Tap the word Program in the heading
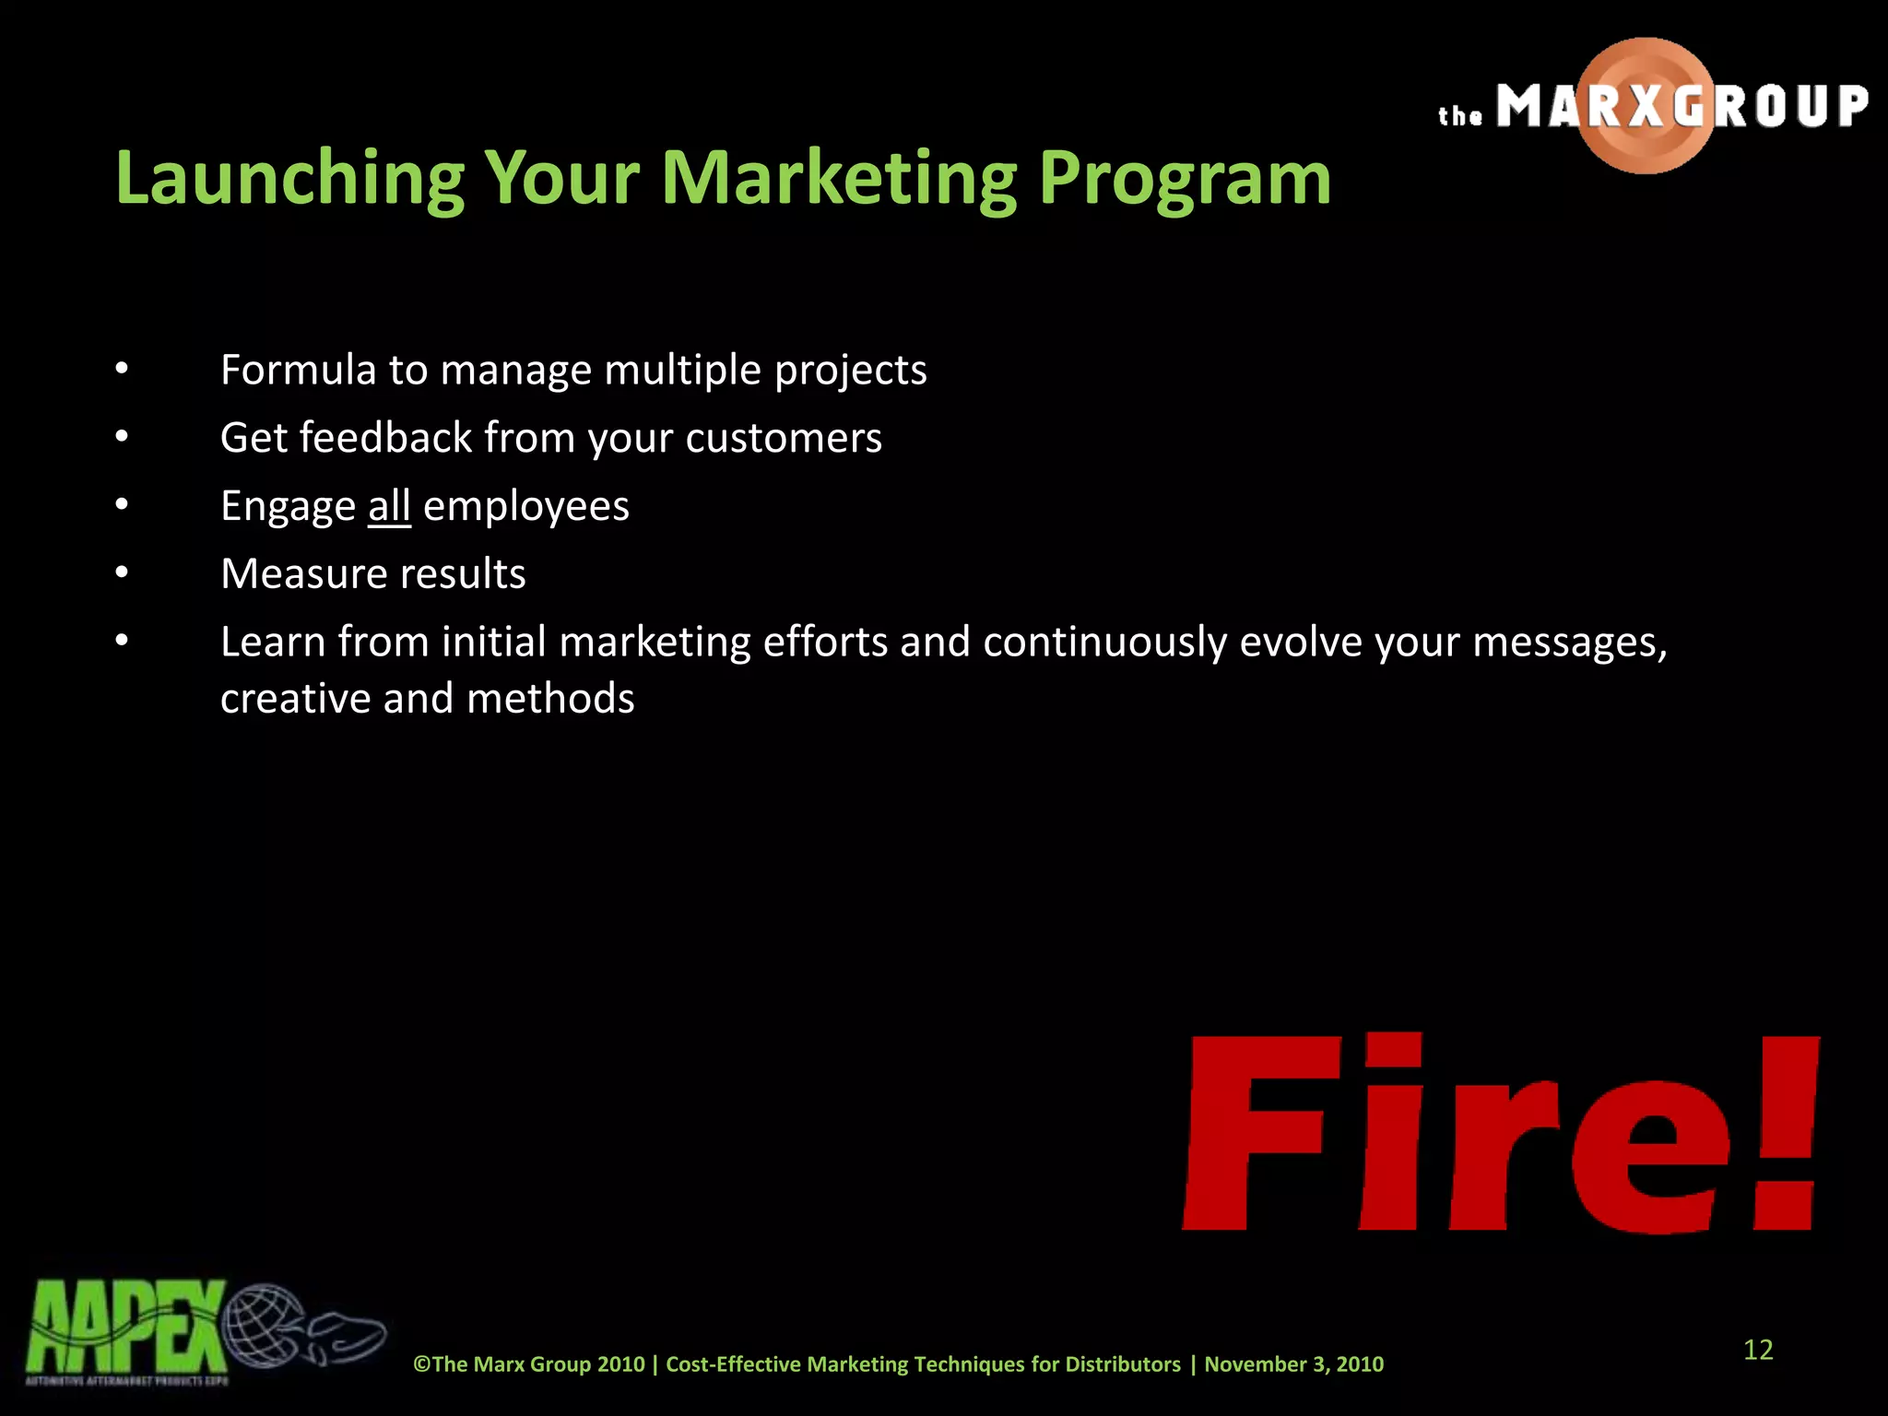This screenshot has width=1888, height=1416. [x=1185, y=178]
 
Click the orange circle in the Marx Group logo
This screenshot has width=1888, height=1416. [x=1646, y=106]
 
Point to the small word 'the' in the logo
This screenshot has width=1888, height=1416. [x=1460, y=116]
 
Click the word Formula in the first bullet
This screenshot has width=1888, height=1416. [x=298, y=371]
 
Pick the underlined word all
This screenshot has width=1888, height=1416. [x=389, y=506]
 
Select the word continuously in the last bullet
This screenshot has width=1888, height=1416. [x=1104, y=643]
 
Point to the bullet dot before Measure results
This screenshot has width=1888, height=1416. [x=122, y=573]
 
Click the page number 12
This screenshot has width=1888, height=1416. [x=1758, y=1350]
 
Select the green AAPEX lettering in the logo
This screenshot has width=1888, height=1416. [x=124, y=1327]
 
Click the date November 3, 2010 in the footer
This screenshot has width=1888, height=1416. [x=1293, y=1364]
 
